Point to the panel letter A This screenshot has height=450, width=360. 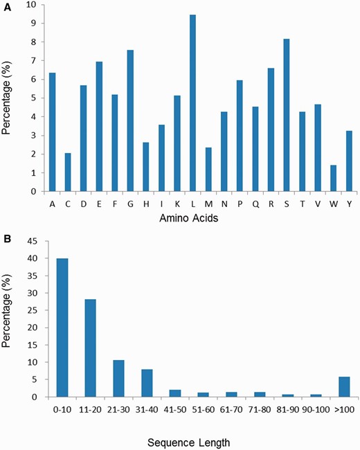click(x=6, y=6)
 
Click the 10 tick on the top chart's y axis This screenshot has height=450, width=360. click(x=35, y=5)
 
